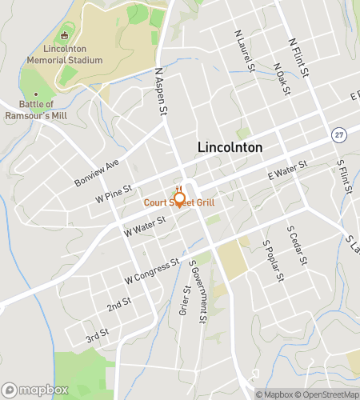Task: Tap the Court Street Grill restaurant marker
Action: tap(179, 198)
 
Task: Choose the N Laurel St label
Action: tap(243, 50)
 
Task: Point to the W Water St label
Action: tap(145, 225)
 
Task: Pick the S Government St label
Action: tap(198, 291)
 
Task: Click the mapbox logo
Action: tap(32, 390)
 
